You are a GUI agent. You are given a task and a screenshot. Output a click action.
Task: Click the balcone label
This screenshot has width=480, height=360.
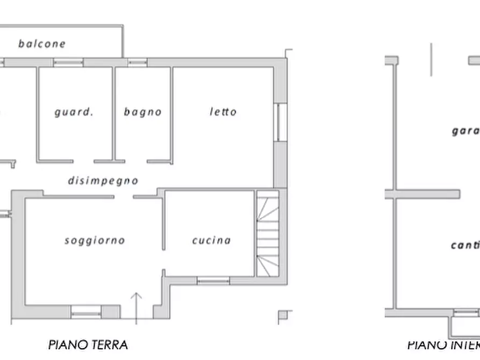[42, 44]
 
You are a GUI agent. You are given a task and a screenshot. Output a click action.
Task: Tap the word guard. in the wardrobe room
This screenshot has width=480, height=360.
[74, 112]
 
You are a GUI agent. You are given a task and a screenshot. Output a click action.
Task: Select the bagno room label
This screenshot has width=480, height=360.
[142, 112]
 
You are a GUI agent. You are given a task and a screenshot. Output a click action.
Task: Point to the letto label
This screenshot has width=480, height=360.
[223, 112]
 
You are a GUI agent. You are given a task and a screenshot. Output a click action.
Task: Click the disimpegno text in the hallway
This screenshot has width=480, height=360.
[103, 181]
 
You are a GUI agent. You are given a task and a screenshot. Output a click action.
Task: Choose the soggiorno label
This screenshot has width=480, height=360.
[95, 240]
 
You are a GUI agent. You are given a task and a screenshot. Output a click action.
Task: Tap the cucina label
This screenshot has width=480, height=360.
[211, 240]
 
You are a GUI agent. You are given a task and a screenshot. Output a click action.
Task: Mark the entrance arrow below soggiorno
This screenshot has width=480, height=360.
[137, 306]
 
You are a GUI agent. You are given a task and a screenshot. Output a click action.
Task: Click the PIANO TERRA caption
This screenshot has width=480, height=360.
[88, 344]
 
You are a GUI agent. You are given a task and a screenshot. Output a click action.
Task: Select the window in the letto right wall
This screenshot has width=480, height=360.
[280, 122]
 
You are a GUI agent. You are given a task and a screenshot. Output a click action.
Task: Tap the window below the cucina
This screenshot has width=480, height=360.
[213, 280]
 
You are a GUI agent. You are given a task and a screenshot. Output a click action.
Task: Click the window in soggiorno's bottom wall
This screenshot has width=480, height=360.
[86, 312]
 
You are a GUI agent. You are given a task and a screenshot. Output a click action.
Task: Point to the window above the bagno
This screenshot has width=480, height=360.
[137, 62]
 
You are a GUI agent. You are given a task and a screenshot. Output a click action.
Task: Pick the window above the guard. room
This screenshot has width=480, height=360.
[68, 62]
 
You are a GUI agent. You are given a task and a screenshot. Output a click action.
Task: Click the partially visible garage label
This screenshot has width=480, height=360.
[465, 131]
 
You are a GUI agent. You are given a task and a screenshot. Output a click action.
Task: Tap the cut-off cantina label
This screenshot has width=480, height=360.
[465, 246]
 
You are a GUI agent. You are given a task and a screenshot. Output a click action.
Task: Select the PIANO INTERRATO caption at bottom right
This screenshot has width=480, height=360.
[443, 345]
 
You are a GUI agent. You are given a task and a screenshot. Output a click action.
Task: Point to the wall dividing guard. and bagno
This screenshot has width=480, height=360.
[113, 113]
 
